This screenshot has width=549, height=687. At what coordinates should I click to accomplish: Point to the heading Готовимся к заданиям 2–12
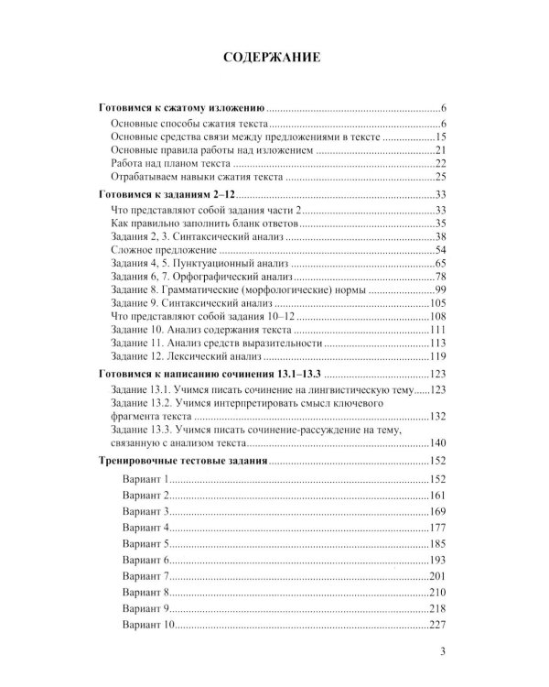[x=167, y=195]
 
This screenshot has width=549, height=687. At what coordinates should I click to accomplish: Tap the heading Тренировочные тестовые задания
[x=183, y=461]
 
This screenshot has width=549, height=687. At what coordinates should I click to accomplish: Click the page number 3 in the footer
[x=442, y=651]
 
